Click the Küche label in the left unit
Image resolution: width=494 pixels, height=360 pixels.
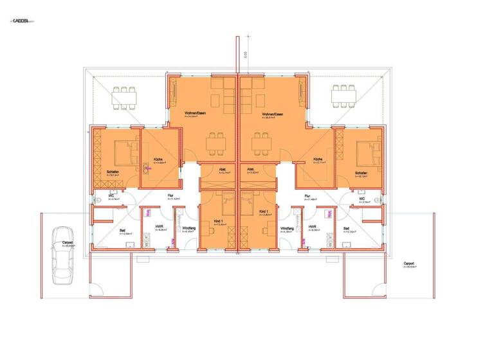pos(157,159)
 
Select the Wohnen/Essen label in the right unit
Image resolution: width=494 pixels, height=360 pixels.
pos(273,114)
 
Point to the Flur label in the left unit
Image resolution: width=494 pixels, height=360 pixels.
pos(171,195)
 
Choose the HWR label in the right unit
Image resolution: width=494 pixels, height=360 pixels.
pos(312,227)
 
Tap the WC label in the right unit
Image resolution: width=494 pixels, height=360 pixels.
pos(362,198)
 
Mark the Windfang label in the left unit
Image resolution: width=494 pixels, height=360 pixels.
pos(188,228)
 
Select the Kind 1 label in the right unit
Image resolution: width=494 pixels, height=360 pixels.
pos(263,211)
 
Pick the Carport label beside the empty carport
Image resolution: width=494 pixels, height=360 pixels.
pos(409,263)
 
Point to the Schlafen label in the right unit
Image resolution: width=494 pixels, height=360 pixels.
pos(361,173)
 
